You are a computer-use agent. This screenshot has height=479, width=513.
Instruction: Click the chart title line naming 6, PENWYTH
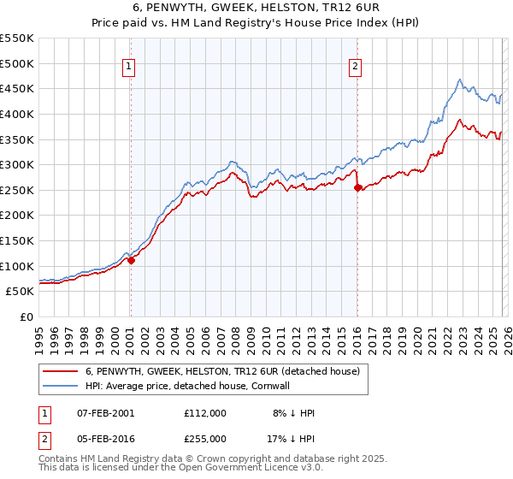pyautogui.click(x=257, y=9)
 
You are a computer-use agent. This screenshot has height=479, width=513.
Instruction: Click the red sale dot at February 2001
pyautogui.click(x=131, y=260)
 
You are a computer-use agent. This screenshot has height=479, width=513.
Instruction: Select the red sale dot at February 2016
pyautogui.click(x=357, y=188)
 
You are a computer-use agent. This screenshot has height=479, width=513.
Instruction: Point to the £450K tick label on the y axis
pyautogui.click(x=17, y=88)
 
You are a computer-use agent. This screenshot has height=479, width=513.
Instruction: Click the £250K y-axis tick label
pyautogui.click(x=17, y=190)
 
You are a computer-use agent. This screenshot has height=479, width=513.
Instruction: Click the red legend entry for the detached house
pyautogui.click(x=226, y=371)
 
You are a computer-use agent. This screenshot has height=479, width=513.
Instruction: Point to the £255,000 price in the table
pyautogui.click(x=205, y=437)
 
